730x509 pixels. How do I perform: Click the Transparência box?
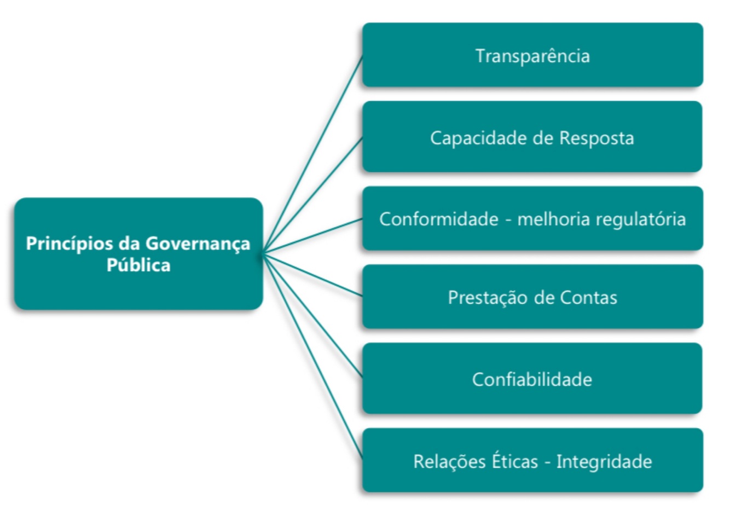pos(532,55)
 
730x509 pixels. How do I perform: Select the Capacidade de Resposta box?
pos(532,137)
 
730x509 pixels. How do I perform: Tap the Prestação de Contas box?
pos(532,297)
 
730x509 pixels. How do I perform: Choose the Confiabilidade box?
pos(532,379)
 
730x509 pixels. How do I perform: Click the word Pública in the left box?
pos(138,265)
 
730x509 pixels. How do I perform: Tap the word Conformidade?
pos(438,219)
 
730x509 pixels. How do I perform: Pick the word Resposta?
pos(596,138)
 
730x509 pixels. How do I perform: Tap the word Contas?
pos(588,298)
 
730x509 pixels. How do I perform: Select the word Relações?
pos(444,461)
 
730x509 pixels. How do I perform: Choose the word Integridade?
pos(604,461)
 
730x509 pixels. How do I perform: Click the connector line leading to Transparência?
pos(313,153)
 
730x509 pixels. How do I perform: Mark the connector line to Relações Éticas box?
pos(313,356)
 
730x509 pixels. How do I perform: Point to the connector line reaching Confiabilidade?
pos(313,315)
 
